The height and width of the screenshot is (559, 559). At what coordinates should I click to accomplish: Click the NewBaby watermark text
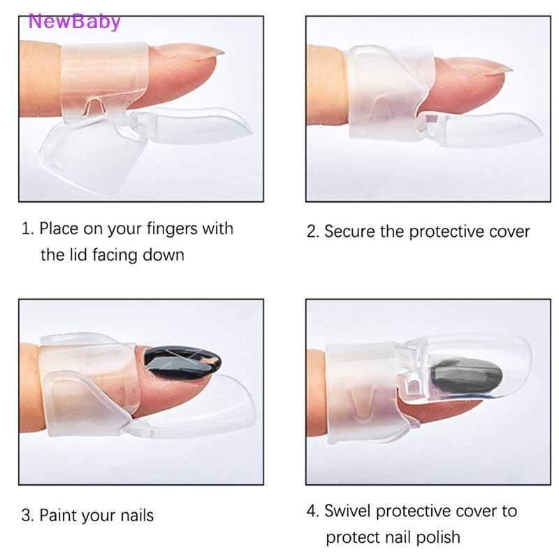click(x=74, y=21)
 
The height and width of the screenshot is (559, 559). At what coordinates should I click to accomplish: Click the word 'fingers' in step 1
click(x=170, y=229)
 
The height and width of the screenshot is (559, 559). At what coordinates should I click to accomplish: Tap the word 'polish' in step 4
click(x=438, y=537)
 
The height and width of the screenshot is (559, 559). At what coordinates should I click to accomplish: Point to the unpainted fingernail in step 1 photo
click(x=199, y=53)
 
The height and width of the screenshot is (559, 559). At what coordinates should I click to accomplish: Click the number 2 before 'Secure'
click(x=312, y=231)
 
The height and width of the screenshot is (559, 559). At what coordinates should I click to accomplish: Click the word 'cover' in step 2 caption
click(x=507, y=231)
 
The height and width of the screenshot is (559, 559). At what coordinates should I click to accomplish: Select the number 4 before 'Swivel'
click(x=312, y=511)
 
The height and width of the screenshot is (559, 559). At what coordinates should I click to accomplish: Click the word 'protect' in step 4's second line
click(x=353, y=537)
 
